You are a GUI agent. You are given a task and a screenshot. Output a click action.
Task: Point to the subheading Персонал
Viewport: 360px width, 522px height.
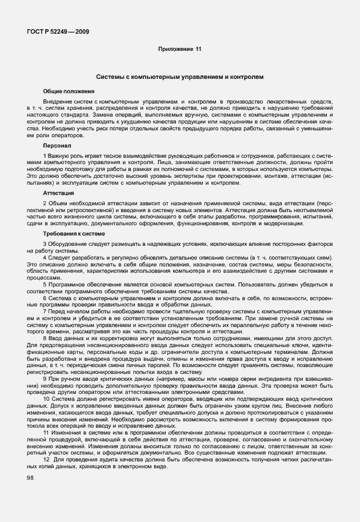[x=57, y=146]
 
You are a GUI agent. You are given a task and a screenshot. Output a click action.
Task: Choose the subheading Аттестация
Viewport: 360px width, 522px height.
[x=59, y=194]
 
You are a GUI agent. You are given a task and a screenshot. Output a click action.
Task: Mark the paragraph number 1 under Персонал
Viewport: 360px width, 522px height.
[x=45, y=156]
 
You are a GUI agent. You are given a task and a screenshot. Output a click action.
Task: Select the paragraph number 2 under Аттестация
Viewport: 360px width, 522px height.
[x=45, y=204]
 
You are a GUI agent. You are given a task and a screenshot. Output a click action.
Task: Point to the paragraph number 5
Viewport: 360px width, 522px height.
[x=45, y=284]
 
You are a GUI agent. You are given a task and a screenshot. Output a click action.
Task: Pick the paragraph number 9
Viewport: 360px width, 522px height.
[x=45, y=379]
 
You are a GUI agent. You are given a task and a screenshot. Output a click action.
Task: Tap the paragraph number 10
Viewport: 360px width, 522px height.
[x=46, y=400]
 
